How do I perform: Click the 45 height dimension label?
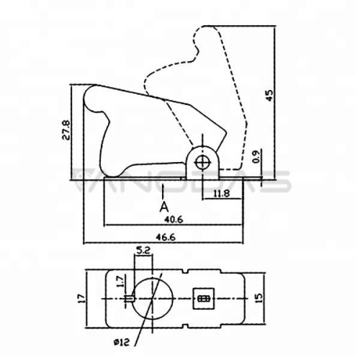(x=269, y=95)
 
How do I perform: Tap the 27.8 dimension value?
(x=66, y=130)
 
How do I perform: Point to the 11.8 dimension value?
(x=222, y=194)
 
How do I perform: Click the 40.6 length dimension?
(x=174, y=220)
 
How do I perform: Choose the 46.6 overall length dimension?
(x=166, y=237)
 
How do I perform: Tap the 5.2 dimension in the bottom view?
(x=143, y=251)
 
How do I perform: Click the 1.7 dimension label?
(x=120, y=282)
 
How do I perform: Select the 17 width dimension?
(x=82, y=298)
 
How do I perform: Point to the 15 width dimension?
(x=259, y=297)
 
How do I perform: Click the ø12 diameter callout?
(x=122, y=342)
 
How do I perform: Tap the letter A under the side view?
(x=164, y=207)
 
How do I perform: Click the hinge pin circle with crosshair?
(x=203, y=163)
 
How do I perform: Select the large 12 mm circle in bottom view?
(x=153, y=279)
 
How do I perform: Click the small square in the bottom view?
(x=204, y=299)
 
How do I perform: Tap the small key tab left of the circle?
(x=129, y=299)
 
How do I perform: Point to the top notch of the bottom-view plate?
(x=187, y=271)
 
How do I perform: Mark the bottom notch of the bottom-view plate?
(x=186, y=325)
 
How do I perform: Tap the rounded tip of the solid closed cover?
(x=89, y=92)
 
